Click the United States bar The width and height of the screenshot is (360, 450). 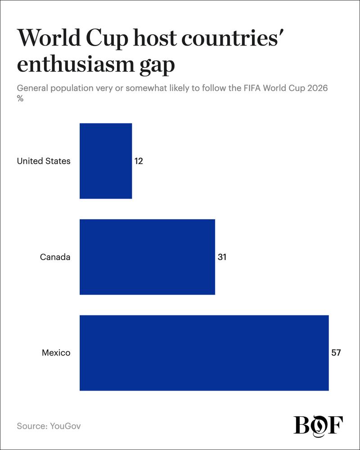click(106, 161)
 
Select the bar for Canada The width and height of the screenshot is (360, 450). click(147, 257)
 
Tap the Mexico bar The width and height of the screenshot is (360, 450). click(204, 353)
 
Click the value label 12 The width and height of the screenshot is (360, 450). click(139, 161)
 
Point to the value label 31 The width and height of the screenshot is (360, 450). click(222, 257)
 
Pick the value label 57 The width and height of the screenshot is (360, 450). click(336, 352)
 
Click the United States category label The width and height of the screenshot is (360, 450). click(44, 161)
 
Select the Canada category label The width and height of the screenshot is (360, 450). click(55, 257)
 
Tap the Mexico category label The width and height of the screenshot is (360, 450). click(56, 352)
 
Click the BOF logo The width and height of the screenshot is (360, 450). click(318, 426)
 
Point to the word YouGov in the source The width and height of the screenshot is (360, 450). click(65, 426)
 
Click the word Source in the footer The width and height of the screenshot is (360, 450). click(32, 426)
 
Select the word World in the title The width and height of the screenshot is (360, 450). click(49, 38)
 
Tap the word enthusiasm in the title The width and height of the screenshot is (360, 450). click(76, 64)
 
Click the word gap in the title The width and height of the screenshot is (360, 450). click(157, 67)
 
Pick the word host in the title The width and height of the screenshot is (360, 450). click(155, 38)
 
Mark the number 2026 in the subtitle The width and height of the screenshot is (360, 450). click(317, 88)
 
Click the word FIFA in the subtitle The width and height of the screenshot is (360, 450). click(252, 88)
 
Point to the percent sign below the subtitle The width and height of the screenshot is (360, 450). click(20, 99)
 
